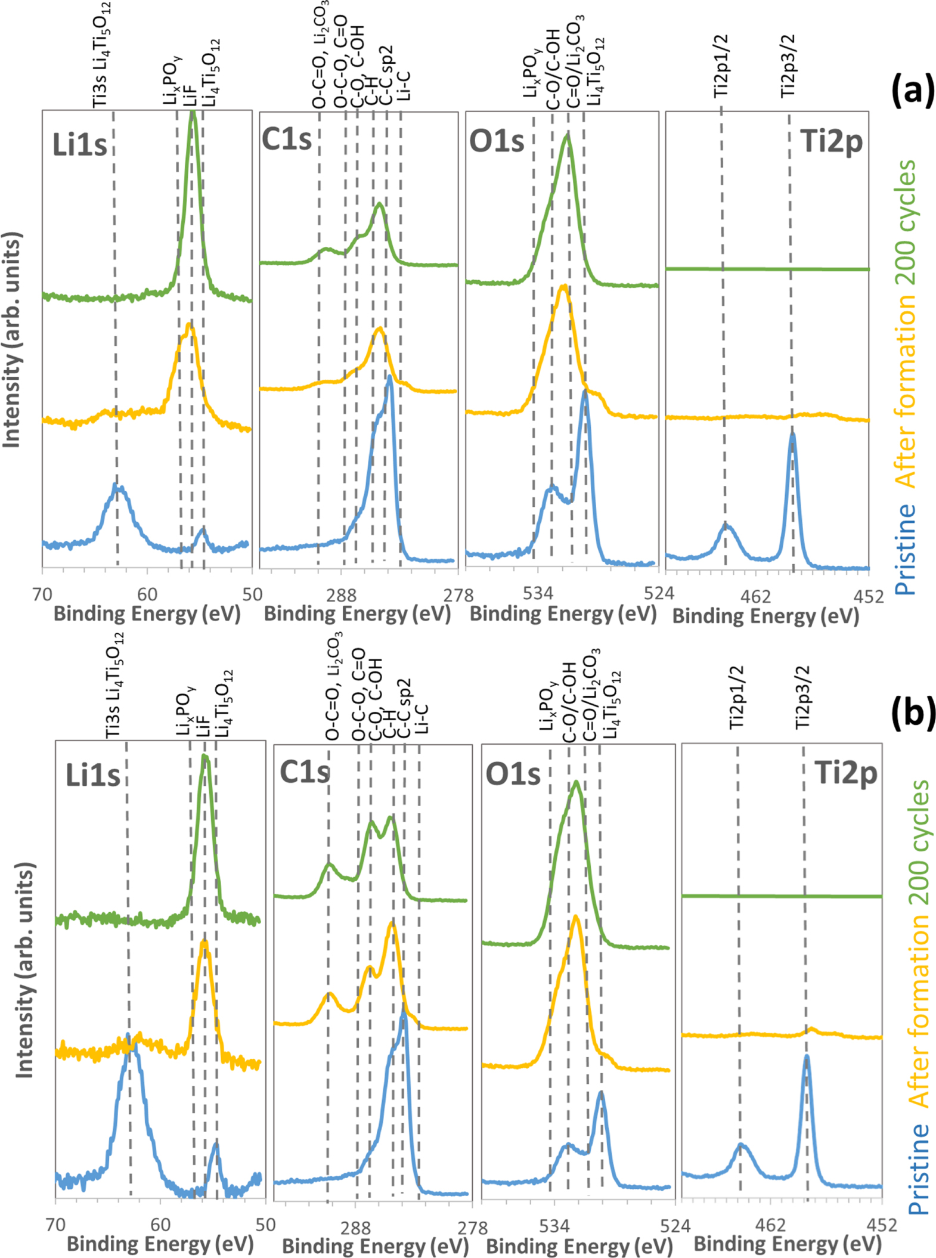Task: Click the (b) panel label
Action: pos(912,712)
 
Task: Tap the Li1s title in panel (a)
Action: pos(80,145)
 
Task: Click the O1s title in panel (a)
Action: pos(496,142)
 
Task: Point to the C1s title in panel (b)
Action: pos(304,772)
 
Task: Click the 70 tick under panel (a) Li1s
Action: pos(42,594)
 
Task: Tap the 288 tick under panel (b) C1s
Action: pos(355,1228)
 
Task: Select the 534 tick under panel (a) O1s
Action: pos(537,594)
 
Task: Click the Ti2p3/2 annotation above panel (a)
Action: pos(788,66)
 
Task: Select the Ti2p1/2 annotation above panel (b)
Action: pos(737,697)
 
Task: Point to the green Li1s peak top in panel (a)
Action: pos(192,112)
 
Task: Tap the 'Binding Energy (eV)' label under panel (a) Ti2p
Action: pos(765,616)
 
